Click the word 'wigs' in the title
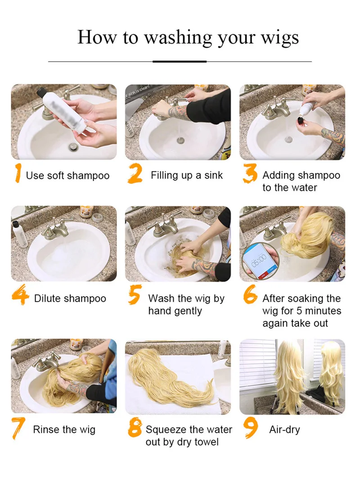coord(279,38)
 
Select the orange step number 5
coord(135,294)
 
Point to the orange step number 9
coord(251,428)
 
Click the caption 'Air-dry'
coord(284,430)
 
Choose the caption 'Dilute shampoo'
coord(70,299)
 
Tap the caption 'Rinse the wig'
coord(64,430)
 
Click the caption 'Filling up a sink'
coord(187,176)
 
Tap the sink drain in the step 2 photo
coord(180,140)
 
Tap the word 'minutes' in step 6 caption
coord(323,311)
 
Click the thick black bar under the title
coord(180,62)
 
